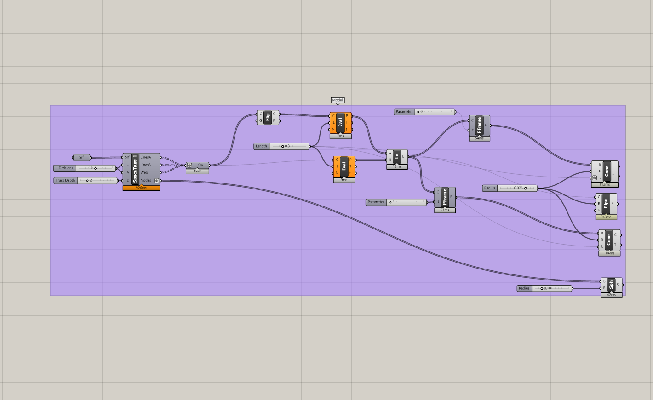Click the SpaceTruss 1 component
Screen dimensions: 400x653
[135, 169]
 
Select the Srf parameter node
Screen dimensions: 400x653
[81, 158]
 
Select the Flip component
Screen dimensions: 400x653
[268, 117]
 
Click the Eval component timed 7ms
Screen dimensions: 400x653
[340, 123]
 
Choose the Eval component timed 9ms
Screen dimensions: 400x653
[344, 166]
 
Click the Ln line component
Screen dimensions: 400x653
[397, 156]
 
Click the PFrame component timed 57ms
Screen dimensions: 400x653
[445, 197]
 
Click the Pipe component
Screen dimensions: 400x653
[606, 204]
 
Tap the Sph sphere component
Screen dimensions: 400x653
[611, 285]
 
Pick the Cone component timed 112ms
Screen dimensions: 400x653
[607, 171]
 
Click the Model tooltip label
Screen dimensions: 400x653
[338, 100]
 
